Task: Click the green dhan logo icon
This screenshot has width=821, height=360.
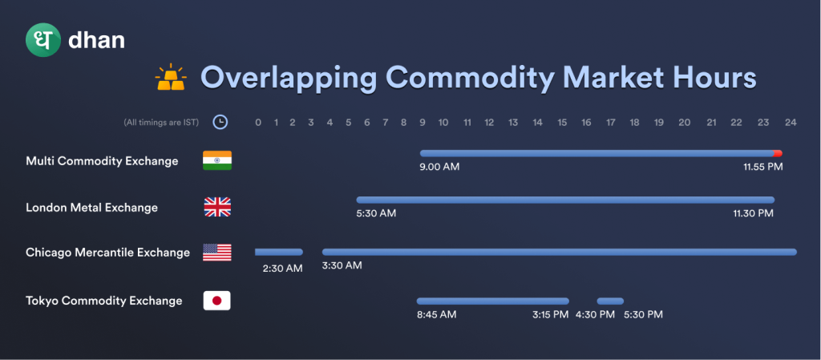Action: (x=43, y=40)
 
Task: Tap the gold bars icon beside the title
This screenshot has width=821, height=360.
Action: (x=171, y=77)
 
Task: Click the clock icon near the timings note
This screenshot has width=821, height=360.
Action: (x=220, y=123)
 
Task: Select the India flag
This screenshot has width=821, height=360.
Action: (x=217, y=160)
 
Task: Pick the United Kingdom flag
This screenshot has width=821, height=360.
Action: (x=217, y=207)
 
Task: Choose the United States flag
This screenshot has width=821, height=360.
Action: (x=217, y=253)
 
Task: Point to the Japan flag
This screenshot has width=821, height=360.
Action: (x=216, y=301)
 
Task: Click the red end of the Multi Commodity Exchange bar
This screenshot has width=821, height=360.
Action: (x=778, y=153)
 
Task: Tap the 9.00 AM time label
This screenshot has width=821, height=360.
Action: (x=439, y=167)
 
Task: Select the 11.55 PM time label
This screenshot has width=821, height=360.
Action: (x=763, y=167)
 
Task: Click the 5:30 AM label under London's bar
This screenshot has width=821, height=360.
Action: (x=376, y=213)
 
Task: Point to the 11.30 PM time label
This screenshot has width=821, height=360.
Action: (x=754, y=213)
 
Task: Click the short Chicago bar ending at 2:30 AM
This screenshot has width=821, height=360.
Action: (x=278, y=253)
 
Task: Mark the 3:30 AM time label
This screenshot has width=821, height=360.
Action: (x=342, y=265)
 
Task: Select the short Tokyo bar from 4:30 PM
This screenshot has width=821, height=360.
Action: (x=610, y=301)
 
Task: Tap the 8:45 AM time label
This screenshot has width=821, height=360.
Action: (x=437, y=314)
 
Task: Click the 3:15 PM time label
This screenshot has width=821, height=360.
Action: (x=550, y=314)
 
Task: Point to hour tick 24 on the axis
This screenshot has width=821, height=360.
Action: (x=791, y=123)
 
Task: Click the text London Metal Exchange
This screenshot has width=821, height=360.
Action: (x=91, y=208)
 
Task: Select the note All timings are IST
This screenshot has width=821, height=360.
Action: (x=161, y=123)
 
